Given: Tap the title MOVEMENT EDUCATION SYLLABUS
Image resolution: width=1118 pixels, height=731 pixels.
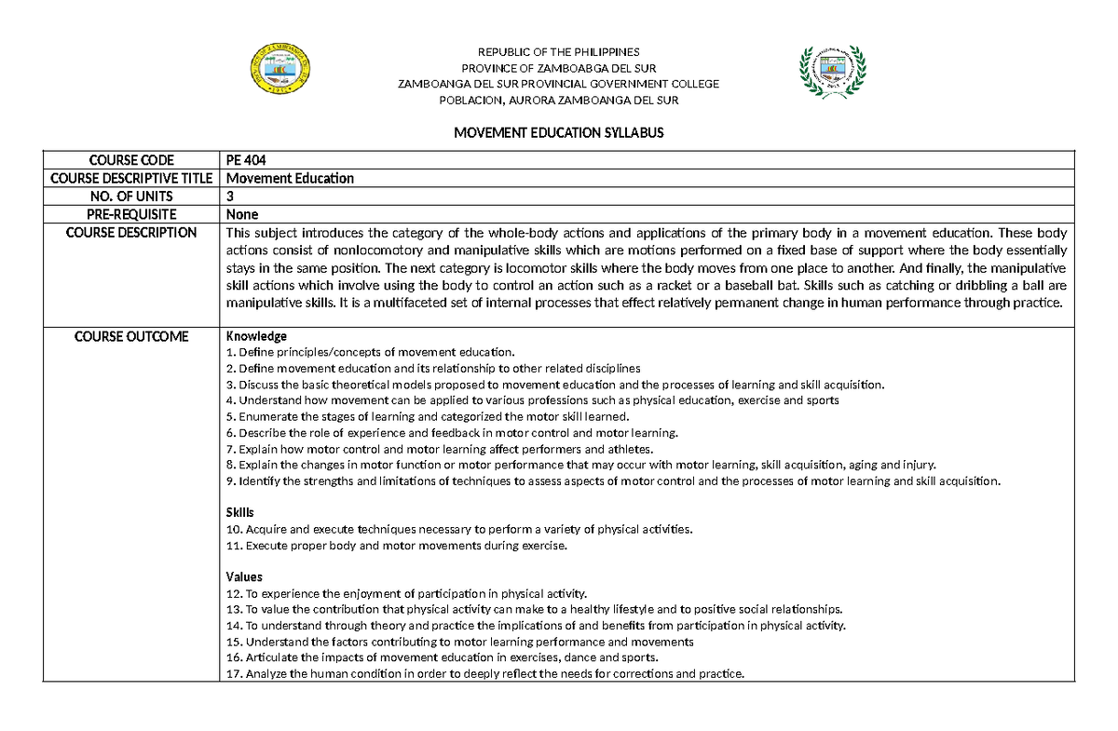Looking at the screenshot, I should [x=558, y=132].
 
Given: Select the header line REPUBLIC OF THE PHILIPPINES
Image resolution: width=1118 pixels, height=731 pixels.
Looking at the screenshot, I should [x=558, y=52].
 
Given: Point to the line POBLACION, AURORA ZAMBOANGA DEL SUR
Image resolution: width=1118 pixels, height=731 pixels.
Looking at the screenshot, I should [x=558, y=100].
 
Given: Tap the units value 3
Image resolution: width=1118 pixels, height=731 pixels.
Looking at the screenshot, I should [x=230, y=196].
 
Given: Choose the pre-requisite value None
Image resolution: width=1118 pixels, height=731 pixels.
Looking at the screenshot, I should [x=242, y=214].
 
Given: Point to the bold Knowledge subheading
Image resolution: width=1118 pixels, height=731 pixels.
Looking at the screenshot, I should [x=256, y=336].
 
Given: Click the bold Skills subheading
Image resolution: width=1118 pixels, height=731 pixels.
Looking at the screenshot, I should [x=240, y=513].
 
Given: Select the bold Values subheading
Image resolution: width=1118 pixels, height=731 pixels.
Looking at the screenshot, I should [x=244, y=577].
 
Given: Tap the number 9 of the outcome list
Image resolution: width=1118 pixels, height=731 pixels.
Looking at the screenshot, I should [x=230, y=481].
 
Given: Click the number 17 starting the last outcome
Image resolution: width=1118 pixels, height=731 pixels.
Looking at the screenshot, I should [x=233, y=674].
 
